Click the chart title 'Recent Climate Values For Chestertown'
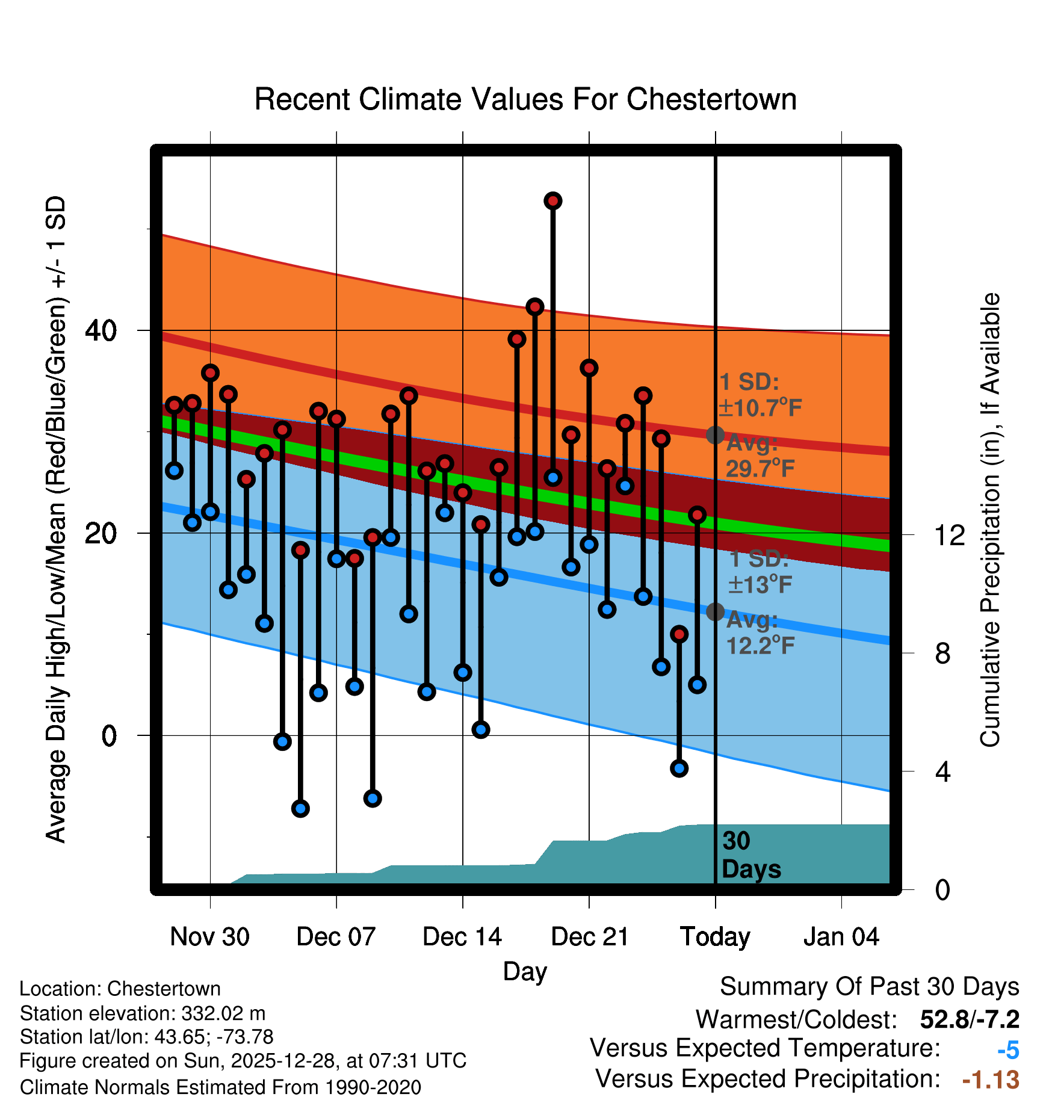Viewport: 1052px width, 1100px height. click(x=525, y=100)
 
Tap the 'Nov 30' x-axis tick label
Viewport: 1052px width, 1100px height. click(x=209, y=937)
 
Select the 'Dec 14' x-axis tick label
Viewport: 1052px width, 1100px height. click(x=462, y=937)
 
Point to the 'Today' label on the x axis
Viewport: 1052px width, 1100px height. click(x=715, y=937)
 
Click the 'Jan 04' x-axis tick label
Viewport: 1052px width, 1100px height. click(x=841, y=937)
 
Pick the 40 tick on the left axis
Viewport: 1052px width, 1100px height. click(x=101, y=330)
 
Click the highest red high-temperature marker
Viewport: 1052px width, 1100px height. click(x=553, y=201)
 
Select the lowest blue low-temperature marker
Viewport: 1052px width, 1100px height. click(x=300, y=808)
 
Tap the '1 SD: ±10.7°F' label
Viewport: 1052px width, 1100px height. click(x=760, y=395)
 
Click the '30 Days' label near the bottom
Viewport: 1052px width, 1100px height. click(x=750, y=855)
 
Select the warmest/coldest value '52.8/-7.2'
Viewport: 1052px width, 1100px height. click(x=970, y=1019)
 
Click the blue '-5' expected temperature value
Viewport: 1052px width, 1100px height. click(x=1008, y=1050)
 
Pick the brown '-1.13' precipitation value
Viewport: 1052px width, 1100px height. click(x=991, y=1080)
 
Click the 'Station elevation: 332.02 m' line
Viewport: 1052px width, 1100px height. click(x=143, y=1013)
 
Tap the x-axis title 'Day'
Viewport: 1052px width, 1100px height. click(x=525, y=971)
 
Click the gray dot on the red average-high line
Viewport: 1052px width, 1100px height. click(x=715, y=435)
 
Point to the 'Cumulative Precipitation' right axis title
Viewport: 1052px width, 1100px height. click(x=990, y=520)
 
